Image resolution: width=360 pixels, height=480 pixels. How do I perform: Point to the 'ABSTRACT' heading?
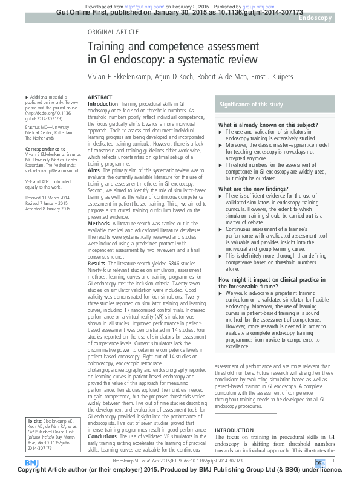coord(100,97)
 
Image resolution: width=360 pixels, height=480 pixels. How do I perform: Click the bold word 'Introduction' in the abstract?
coord(103,104)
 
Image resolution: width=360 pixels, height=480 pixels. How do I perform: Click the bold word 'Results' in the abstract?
coord(97,264)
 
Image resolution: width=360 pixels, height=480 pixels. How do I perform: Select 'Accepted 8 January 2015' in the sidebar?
coord(48,209)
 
